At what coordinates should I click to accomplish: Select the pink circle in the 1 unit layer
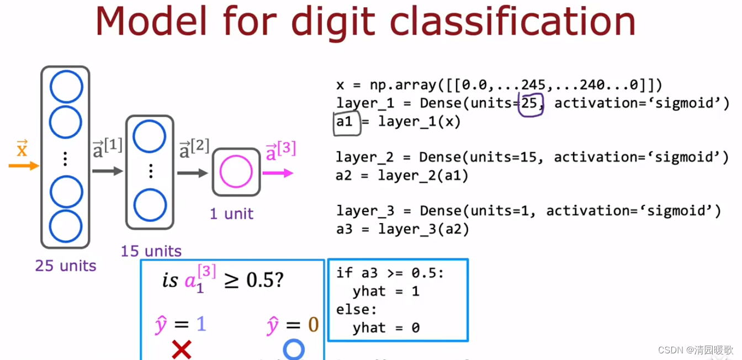pyautogui.click(x=236, y=172)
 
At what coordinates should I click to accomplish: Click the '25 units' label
pyautogui.click(x=66, y=266)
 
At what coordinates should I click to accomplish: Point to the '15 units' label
pyautogui.click(x=151, y=251)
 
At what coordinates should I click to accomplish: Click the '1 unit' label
pyautogui.click(x=231, y=214)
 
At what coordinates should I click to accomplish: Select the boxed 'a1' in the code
pyautogui.click(x=345, y=122)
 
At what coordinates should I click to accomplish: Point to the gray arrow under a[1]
pyautogui.click(x=107, y=171)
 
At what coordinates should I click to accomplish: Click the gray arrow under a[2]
pyautogui.click(x=192, y=173)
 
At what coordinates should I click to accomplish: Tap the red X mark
pyautogui.click(x=181, y=350)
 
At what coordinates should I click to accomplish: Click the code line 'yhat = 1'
pyautogui.click(x=386, y=291)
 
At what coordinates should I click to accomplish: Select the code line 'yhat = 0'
pyautogui.click(x=386, y=327)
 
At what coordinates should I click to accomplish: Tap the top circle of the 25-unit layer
pyautogui.click(x=66, y=87)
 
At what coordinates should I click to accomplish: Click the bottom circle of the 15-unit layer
pyautogui.click(x=150, y=205)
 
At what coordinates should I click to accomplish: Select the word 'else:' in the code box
pyautogui.click(x=356, y=309)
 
